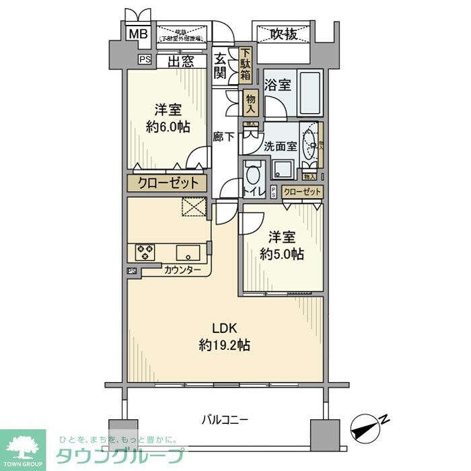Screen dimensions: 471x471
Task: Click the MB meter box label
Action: (x=138, y=34)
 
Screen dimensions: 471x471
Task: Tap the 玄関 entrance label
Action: (x=221, y=66)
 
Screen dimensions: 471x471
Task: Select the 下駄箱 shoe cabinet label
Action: (x=246, y=65)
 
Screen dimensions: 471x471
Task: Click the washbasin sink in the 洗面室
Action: (x=310, y=141)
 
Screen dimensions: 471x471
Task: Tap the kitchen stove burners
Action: (x=145, y=252)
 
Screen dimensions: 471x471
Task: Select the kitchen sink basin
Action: (x=187, y=252)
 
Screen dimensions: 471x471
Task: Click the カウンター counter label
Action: (x=182, y=270)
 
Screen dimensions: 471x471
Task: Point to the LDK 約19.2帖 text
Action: (x=225, y=336)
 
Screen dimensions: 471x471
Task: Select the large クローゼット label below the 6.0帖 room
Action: (x=168, y=182)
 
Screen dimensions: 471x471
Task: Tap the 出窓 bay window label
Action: (x=181, y=62)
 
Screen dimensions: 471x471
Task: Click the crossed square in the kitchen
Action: (x=194, y=208)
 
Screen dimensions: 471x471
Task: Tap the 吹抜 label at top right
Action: (x=284, y=34)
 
